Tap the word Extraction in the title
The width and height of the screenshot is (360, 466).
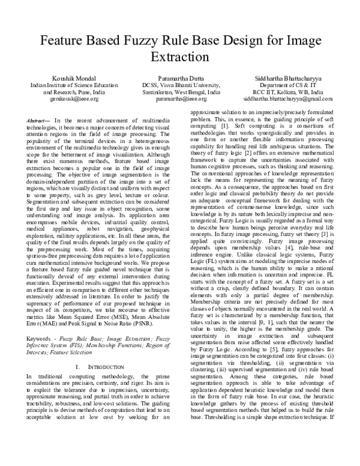(179, 59)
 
